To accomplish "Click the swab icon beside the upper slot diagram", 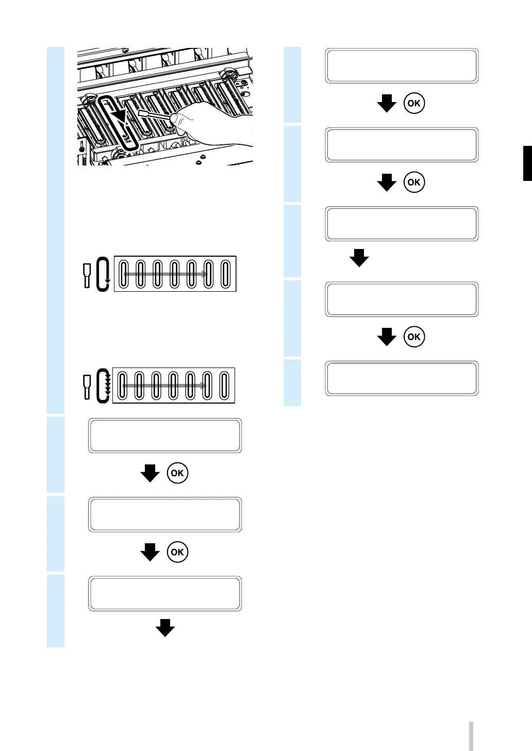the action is (87, 275).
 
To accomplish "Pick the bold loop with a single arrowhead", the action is (103, 274).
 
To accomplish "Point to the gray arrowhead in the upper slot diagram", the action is (205, 274).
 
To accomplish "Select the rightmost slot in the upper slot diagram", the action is (225, 274).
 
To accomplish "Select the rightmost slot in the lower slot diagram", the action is (224, 386).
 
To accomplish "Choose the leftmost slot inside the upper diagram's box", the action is (124, 274).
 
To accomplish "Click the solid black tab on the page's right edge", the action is (527, 163).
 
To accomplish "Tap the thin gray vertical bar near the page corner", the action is (471, 736).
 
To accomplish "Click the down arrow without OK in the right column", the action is (359, 258).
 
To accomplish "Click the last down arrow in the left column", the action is (165, 628).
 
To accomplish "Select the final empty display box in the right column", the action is (402, 378).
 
